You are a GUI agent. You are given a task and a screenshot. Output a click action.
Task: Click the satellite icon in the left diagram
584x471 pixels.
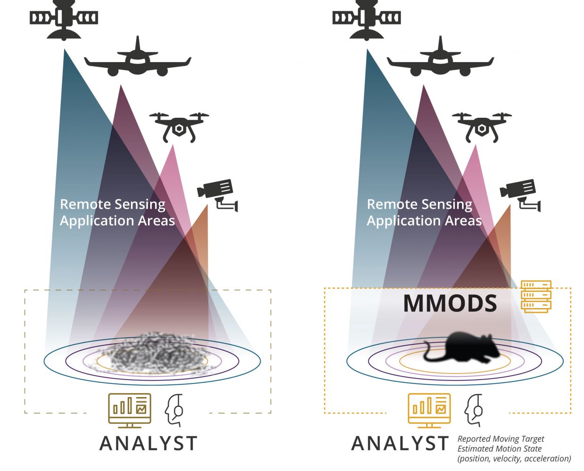coord(64,19)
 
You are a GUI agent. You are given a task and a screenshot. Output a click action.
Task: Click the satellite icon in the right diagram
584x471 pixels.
coord(366,19)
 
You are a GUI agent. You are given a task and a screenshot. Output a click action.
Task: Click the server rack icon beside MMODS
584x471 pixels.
coord(536,296)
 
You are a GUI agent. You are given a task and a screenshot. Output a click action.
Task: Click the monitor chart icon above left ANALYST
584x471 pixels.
coord(130,410)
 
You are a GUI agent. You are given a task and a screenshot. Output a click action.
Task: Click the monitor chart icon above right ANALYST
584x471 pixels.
coord(429,410)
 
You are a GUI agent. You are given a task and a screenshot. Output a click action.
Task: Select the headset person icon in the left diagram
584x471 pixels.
coord(174,410)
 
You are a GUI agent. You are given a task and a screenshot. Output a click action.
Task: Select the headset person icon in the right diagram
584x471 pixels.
coord(474,410)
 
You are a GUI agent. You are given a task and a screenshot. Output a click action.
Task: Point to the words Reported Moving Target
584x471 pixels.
coord(501,439)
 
